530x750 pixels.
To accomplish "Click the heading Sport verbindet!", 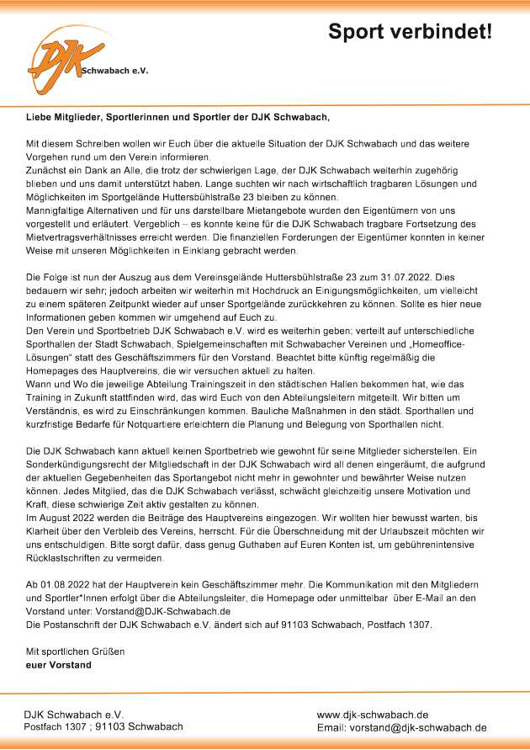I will coord(410,31).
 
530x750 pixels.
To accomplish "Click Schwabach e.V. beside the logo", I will coord(114,72).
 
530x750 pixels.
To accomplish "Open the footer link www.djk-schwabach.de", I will coord(373,714).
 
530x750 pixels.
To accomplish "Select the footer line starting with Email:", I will coord(401,727).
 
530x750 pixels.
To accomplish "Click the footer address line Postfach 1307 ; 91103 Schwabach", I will coord(103,726).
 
